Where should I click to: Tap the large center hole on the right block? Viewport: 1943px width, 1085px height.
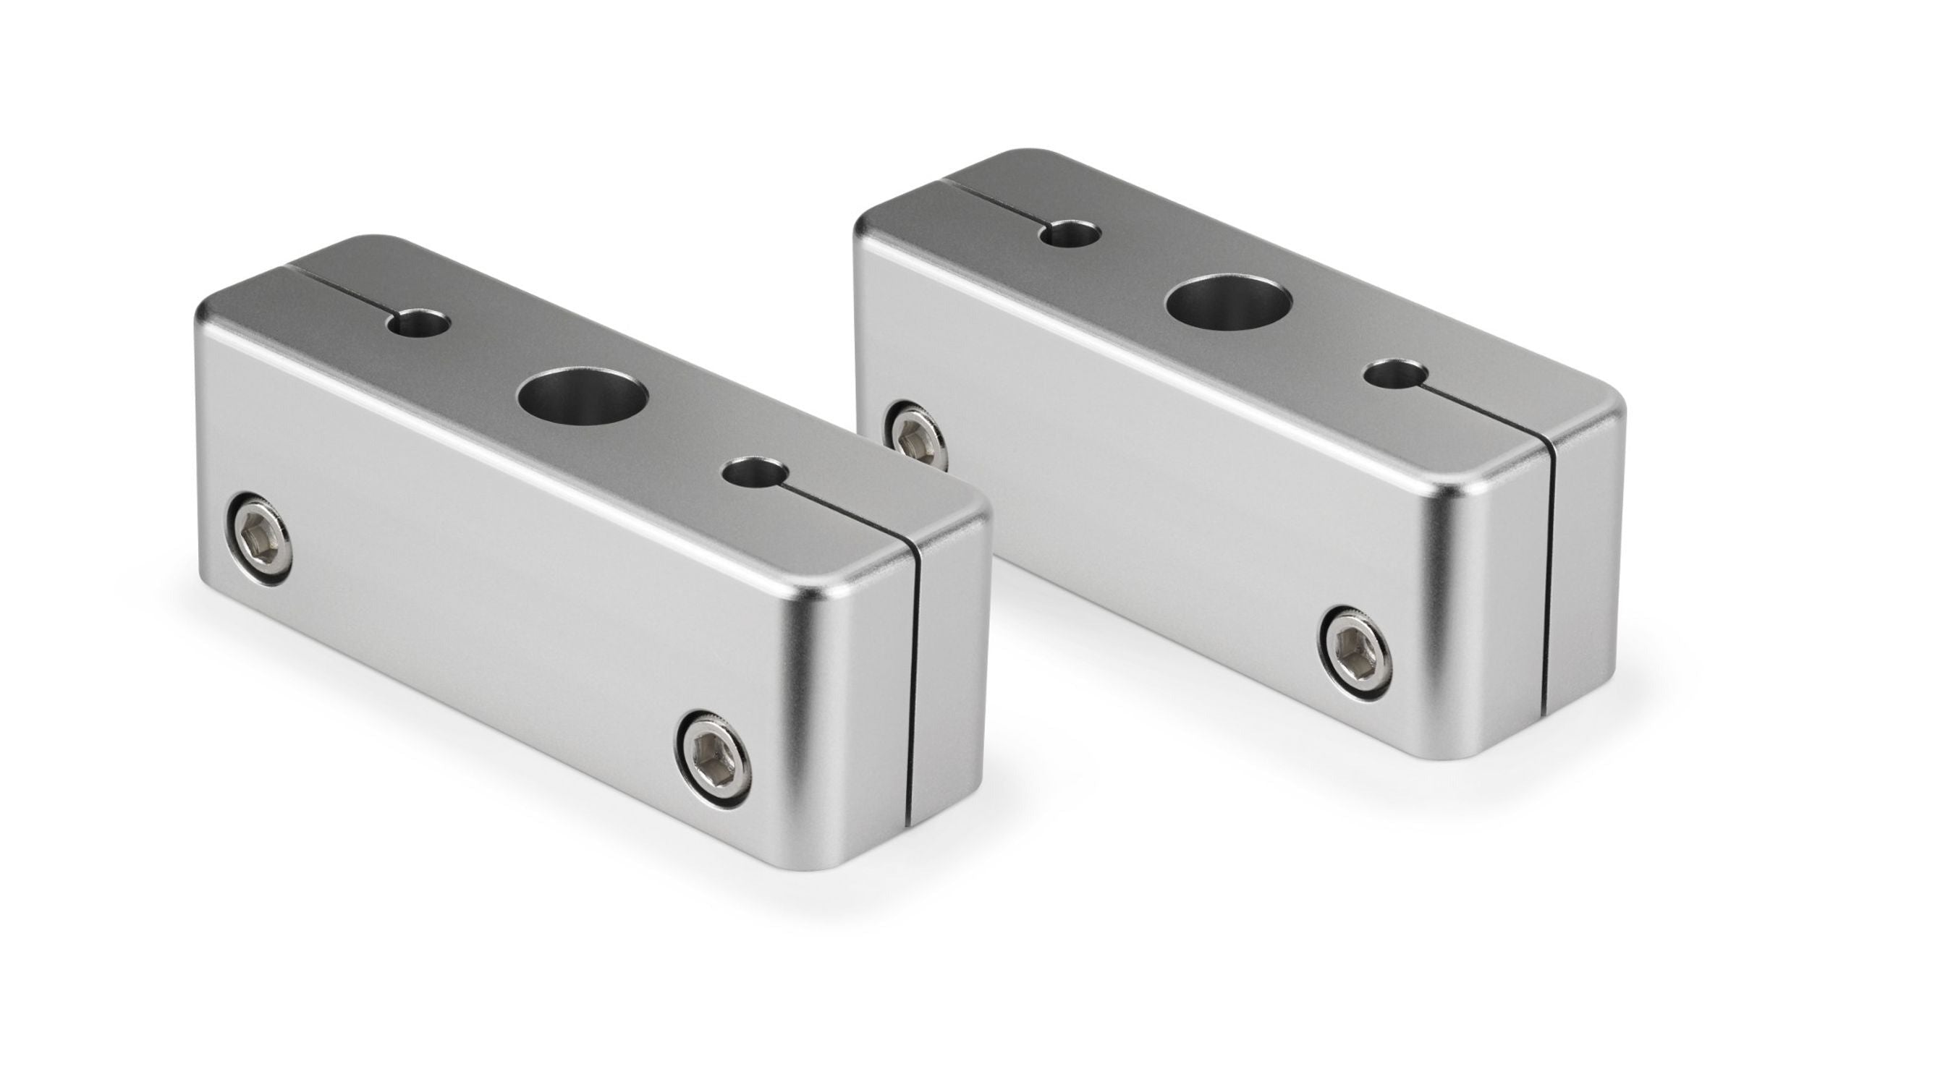click(1228, 303)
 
